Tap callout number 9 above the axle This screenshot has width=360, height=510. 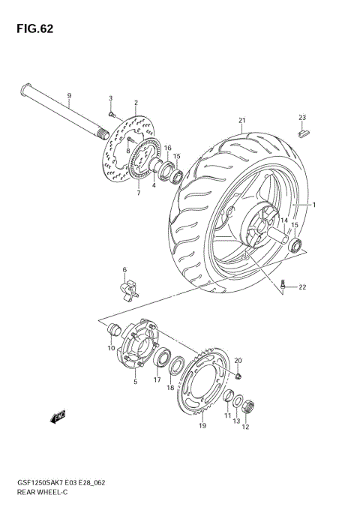pyautogui.click(x=68, y=95)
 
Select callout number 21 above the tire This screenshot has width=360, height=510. pyautogui.click(x=242, y=120)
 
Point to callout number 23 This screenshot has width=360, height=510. pyautogui.click(x=302, y=117)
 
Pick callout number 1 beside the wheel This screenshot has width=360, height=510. pyautogui.click(x=315, y=205)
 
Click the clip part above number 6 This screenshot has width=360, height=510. pyautogui.click(x=128, y=286)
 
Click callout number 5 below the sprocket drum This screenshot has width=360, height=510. pyautogui.click(x=135, y=382)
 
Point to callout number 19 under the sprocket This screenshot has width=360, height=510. pyautogui.click(x=202, y=426)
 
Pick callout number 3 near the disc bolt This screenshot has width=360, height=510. pyautogui.click(x=110, y=98)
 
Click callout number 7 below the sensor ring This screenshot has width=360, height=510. pyautogui.click(x=138, y=193)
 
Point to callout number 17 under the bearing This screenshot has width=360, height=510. pyautogui.click(x=157, y=379)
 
